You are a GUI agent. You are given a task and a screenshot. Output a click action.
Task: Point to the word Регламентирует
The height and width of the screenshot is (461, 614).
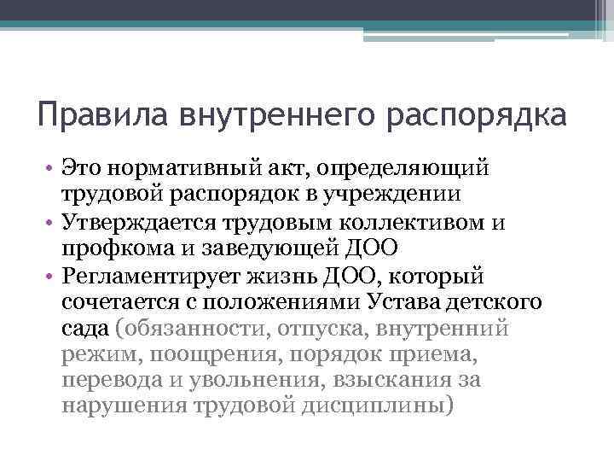[148, 277]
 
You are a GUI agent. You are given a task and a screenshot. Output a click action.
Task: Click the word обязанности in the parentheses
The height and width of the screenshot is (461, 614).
[187, 331]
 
